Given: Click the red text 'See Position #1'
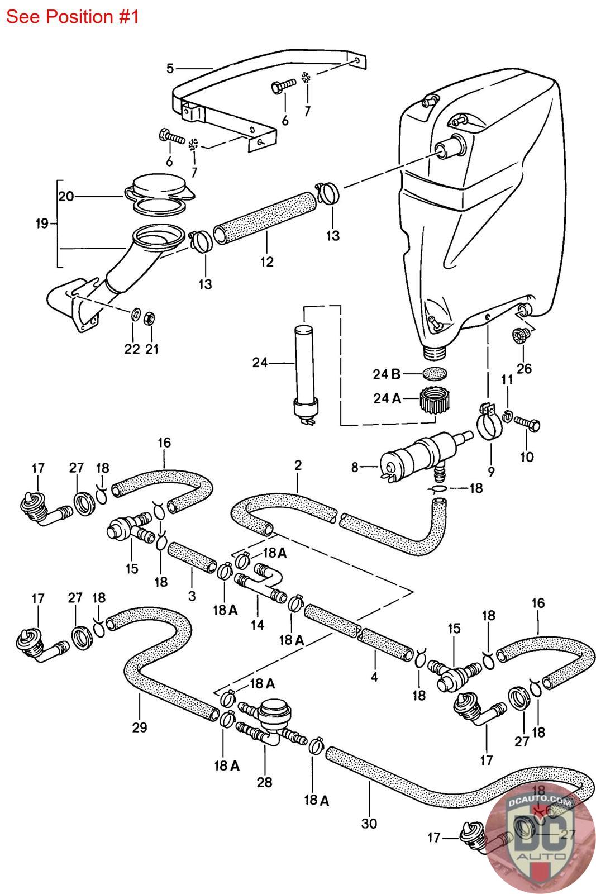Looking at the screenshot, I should point(72,17).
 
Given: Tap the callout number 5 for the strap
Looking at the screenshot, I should point(170,69).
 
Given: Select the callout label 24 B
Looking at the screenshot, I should point(387,373).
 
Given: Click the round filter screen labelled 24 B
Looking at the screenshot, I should point(435,372).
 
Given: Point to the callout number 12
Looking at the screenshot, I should point(267,261).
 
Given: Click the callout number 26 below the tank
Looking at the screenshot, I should point(524,368).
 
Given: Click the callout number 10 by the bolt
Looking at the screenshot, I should point(526,456).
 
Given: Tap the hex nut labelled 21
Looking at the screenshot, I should point(150,319).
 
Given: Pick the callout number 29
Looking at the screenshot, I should point(140,727).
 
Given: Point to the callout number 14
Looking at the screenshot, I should point(257,624).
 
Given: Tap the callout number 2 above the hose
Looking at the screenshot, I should point(298,465).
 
